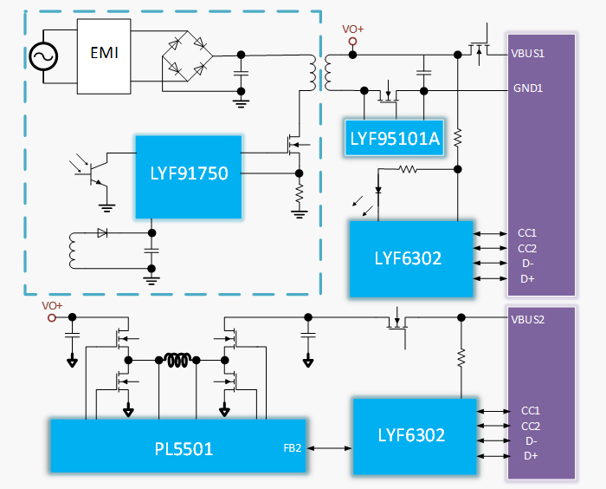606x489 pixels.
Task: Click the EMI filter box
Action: (x=105, y=55)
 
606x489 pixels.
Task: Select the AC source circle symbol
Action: (x=42, y=56)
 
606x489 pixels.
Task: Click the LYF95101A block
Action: (x=395, y=137)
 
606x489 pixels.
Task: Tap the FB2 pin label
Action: (x=293, y=448)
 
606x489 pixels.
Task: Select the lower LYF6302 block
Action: (x=412, y=435)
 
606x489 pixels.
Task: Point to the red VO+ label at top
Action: (x=353, y=29)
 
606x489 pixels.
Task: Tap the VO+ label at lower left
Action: (x=53, y=306)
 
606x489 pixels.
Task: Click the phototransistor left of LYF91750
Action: (x=94, y=172)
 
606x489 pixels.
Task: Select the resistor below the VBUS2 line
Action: (x=461, y=357)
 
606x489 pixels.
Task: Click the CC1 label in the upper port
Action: (x=528, y=232)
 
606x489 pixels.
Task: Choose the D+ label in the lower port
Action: (x=530, y=456)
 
